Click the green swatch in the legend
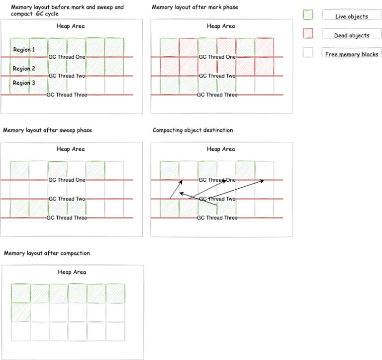pos(308,14)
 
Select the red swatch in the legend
pos(308,33)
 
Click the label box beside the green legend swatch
pos(351,14)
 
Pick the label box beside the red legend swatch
pos(351,33)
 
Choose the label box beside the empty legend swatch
pos(351,52)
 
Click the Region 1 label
pos(24,50)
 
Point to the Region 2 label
pos(24,69)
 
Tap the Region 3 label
pos(24,83)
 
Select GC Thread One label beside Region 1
pos(67,57)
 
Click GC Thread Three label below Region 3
pos(67,95)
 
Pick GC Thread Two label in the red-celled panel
pos(217,76)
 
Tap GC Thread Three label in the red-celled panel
pos(217,95)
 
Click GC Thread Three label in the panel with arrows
pos(217,218)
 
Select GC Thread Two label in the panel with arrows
pos(217,199)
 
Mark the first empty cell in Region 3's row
pos(77,85)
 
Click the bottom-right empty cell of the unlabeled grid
pos(115,331)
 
